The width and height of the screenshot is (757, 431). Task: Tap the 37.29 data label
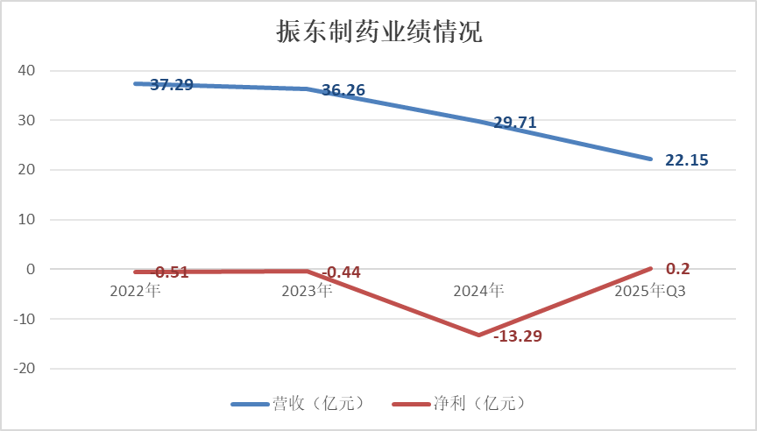(172, 85)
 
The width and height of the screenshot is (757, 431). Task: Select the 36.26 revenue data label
(343, 89)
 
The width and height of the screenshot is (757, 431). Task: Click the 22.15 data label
(686, 159)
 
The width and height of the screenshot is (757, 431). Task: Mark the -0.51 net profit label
(172, 272)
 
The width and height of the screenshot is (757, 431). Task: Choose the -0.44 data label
(343, 272)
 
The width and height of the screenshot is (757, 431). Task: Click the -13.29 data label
(518, 336)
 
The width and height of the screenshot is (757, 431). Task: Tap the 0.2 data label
(678, 268)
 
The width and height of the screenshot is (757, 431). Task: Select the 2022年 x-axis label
(135, 290)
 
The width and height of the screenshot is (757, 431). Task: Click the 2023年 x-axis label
(307, 290)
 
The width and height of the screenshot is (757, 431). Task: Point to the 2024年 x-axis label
(478, 290)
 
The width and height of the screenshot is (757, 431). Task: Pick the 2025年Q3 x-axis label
(649, 290)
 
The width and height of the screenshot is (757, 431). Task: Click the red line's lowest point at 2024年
(478, 335)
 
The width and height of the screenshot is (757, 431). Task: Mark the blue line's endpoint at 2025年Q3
(650, 159)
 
